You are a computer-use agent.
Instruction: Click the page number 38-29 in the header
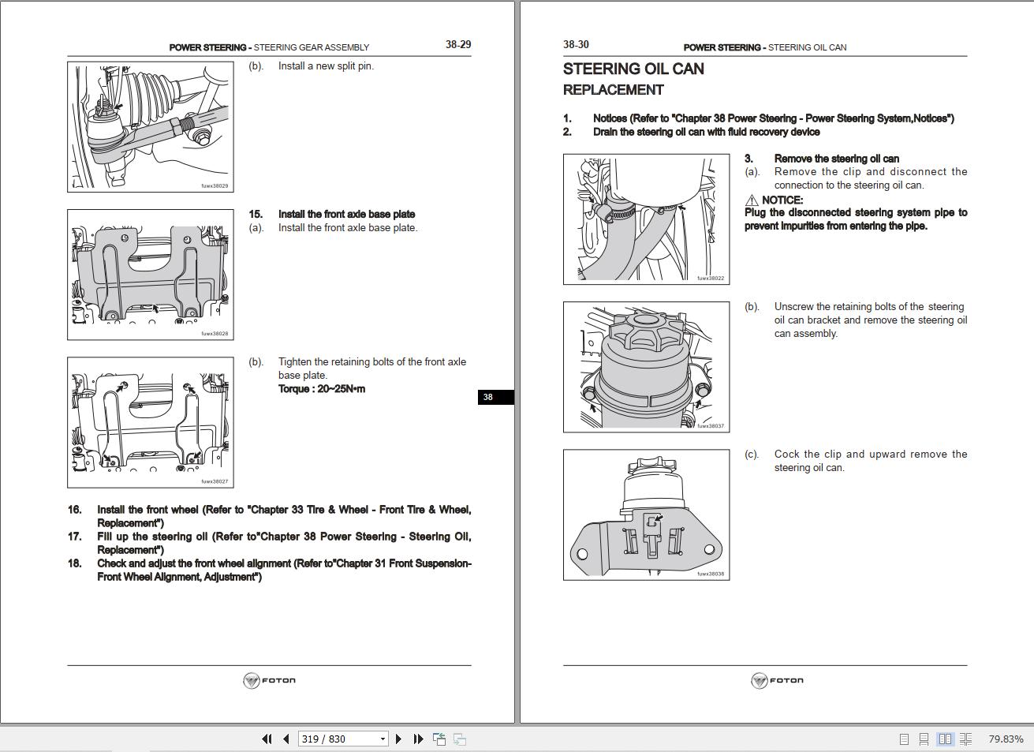coord(457,45)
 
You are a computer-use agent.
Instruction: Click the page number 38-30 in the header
coord(576,45)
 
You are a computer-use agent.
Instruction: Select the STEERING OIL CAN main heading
coord(633,69)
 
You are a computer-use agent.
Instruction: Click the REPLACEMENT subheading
coord(613,90)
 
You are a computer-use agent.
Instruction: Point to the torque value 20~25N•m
coord(321,389)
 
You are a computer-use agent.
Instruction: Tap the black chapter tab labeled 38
coord(488,397)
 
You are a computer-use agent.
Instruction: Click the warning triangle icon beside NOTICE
coord(752,200)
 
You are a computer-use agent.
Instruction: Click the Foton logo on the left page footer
coord(269,681)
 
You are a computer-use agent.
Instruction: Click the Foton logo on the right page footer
coord(777,681)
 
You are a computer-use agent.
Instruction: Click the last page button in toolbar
coord(419,739)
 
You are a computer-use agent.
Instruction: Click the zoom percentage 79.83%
coord(1006,739)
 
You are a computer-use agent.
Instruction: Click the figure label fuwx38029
coord(215,186)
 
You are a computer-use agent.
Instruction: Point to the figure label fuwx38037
coord(710,426)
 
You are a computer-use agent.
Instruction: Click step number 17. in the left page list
coord(75,537)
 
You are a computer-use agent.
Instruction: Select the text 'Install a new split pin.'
coord(326,66)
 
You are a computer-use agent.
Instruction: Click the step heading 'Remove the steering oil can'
coord(836,159)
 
